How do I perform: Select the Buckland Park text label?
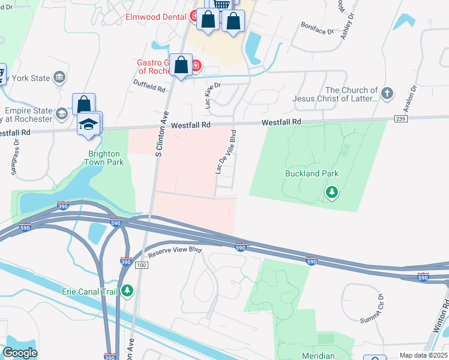pyautogui.click(x=312, y=174)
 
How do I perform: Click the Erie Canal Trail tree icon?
pyautogui.click(x=127, y=291)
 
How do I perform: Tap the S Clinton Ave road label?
pyautogui.click(x=160, y=135)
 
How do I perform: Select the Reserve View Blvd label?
pyautogui.click(x=175, y=250)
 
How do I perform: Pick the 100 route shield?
pyautogui.click(x=142, y=265)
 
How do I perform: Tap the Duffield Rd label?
pyautogui.click(x=149, y=88)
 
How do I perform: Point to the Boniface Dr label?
pyautogui.click(x=318, y=28)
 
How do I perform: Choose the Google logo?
pyautogui.click(x=20, y=353)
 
